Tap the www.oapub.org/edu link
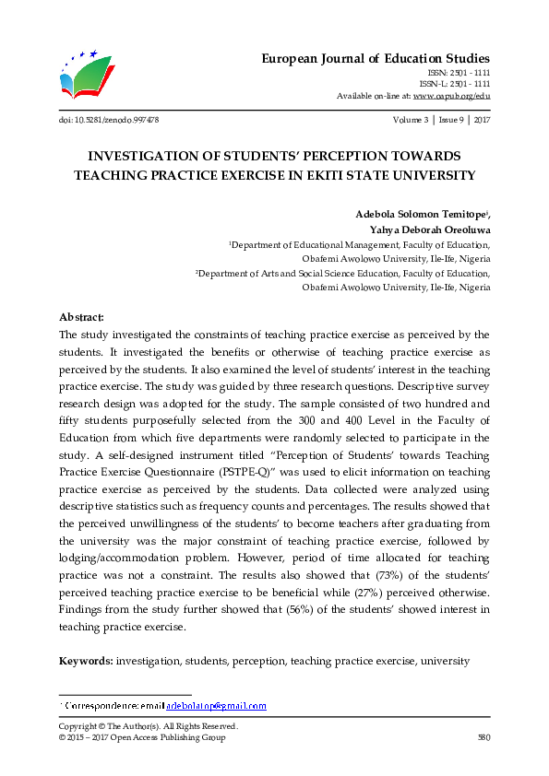451,96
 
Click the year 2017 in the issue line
480,121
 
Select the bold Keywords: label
87,661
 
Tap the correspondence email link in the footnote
216,706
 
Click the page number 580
482,737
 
